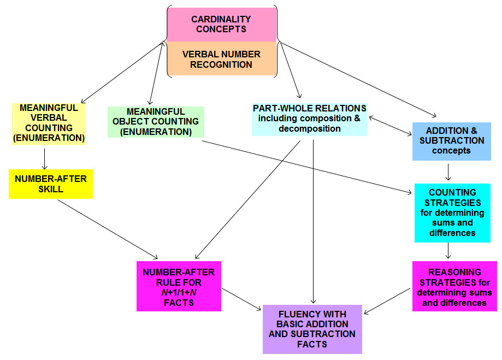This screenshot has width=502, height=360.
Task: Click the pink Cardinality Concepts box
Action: coord(222,25)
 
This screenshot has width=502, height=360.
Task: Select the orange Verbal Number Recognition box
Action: coord(222,59)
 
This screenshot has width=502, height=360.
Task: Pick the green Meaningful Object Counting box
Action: coord(156,122)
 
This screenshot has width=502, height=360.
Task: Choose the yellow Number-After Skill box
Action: coord(51,184)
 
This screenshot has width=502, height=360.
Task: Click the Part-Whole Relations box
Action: coord(309,119)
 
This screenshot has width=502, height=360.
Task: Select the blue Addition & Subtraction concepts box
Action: coord(447,141)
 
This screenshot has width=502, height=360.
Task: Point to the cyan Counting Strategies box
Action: coord(452,213)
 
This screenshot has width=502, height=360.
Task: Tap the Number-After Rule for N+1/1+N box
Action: coord(179,286)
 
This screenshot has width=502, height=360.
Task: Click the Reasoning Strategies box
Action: coord(454,286)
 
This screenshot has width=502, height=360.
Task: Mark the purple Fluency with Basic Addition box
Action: coord(312,329)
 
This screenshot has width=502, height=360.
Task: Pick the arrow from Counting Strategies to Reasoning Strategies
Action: coord(448,250)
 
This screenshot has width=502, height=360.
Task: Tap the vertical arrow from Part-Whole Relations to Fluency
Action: coord(313,219)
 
